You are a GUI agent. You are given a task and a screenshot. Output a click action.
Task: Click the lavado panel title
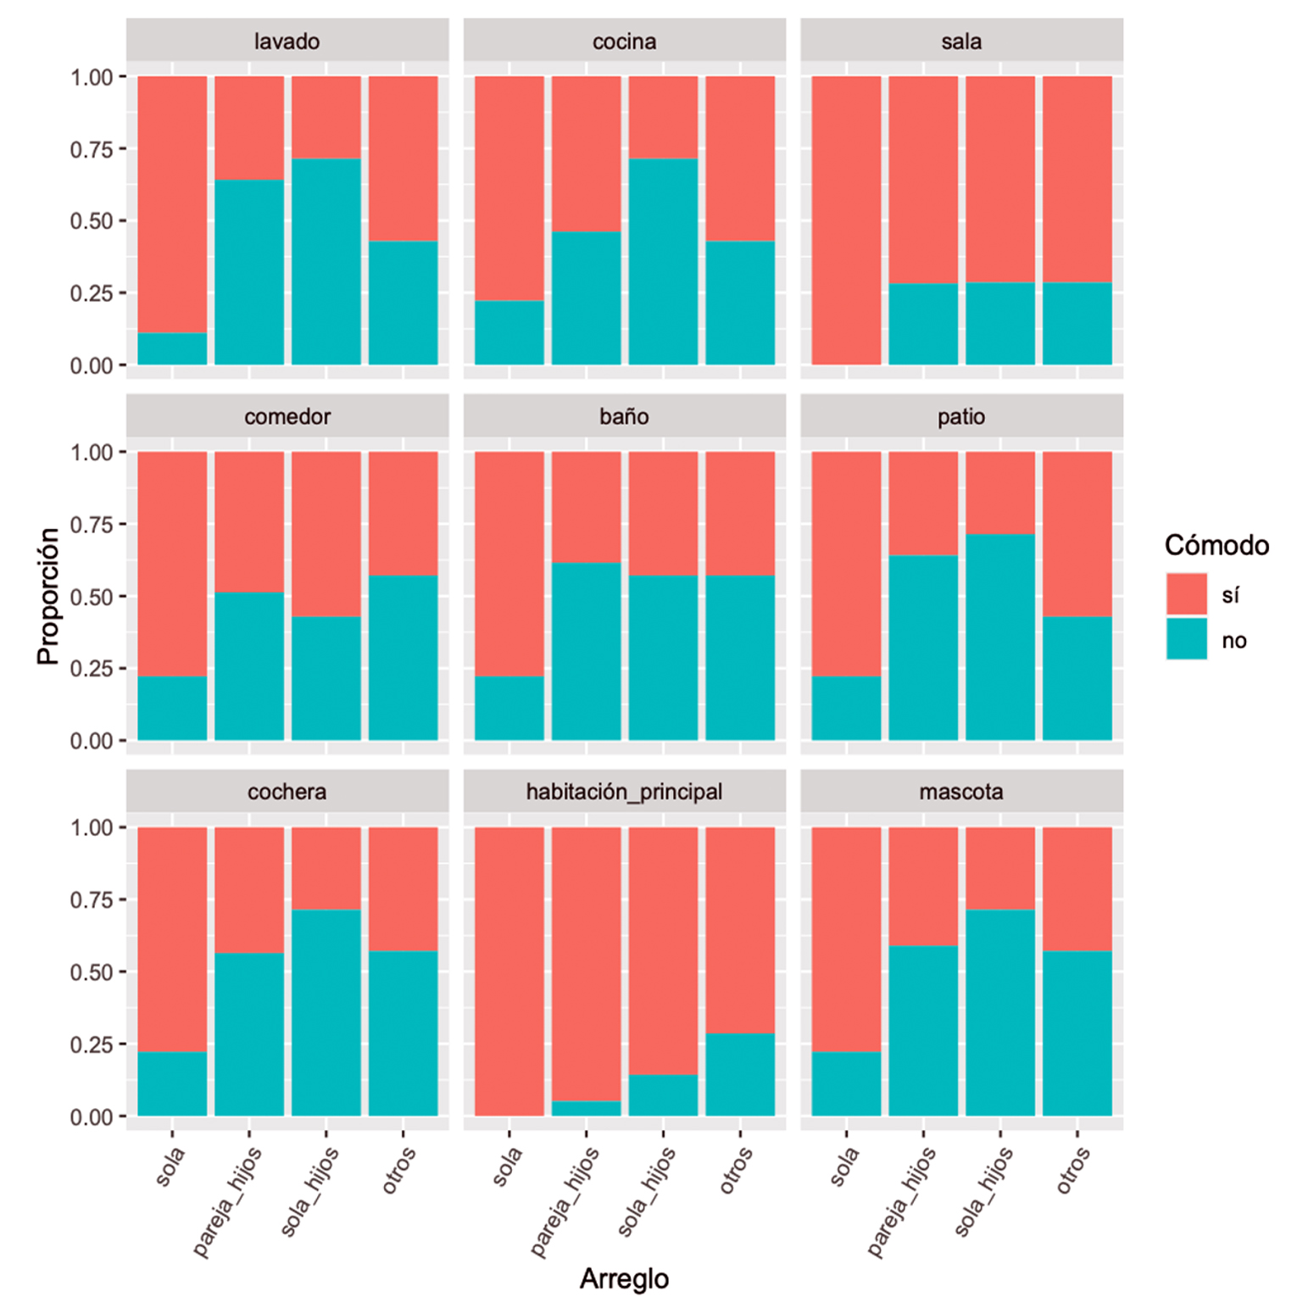[x=287, y=42]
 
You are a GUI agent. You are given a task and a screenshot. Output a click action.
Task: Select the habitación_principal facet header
[x=624, y=792]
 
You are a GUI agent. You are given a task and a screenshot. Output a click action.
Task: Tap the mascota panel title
[x=961, y=792]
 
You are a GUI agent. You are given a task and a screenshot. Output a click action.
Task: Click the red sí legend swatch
[x=1186, y=594]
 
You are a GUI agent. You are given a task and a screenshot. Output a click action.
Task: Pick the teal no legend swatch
[x=1186, y=639]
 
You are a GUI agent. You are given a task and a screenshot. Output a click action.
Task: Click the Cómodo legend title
[x=1216, y=545]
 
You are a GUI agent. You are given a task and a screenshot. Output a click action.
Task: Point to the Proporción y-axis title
[x=49, y=596]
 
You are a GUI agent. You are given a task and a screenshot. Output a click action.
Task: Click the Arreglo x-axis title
[x=624, y=1278]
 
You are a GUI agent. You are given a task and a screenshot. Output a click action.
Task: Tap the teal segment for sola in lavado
[x=172, y=348]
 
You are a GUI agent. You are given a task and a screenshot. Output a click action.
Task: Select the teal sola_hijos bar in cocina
[x=663, y=261]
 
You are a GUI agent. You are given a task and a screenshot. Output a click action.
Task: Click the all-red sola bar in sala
[x=846, y=220]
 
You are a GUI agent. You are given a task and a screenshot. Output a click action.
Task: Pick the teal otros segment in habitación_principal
[x=740, y=1074]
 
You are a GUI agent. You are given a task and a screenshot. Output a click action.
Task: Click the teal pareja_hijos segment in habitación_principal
[x=586, y=1108]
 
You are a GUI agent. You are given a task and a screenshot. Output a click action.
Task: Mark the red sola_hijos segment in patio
[x=1000, y=493]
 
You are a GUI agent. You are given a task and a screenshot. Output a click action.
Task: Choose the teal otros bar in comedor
[x=403, y=657]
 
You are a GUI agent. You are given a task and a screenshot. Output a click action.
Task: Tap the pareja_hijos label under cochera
[x=227, y=1201]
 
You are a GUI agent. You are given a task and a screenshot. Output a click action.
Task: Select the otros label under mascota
[x=1073, y=1171]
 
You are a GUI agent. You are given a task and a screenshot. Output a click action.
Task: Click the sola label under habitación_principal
[x=507, y=1166]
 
